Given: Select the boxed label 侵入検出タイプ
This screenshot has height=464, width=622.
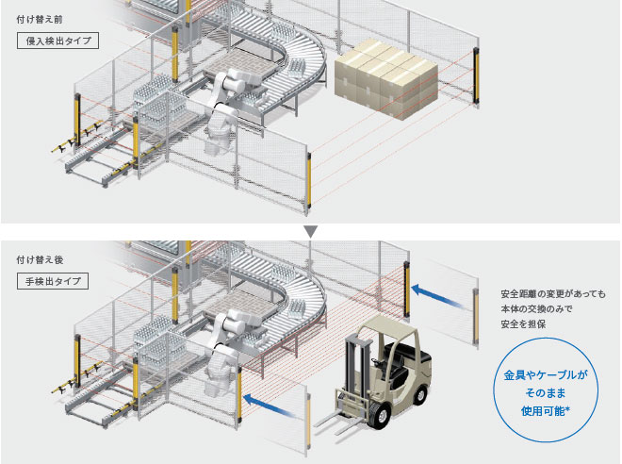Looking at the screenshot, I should [58, 41].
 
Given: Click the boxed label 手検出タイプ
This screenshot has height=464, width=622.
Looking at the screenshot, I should [54, 280].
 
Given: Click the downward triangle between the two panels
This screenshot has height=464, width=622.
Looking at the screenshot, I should [311, 229].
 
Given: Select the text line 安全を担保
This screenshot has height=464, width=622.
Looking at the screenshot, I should [523, 325].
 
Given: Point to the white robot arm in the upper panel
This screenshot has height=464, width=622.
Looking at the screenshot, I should [222, 104].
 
